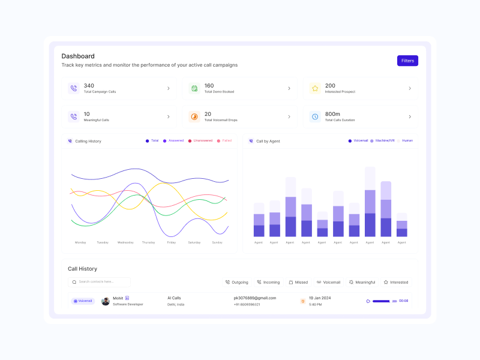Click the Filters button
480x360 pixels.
pos(407,61)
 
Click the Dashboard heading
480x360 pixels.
pos(78,56)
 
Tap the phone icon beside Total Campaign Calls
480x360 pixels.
pos(74,88)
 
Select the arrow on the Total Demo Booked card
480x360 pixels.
pos(289,88)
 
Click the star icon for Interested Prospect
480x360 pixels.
pos(314,88)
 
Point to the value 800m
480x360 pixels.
pos(332,114)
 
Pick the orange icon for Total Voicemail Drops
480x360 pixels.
pos(194,116)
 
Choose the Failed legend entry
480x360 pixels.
pos(224,140)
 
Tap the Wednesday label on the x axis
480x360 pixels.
pos(125,242)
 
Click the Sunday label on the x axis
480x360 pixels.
pos(217,242)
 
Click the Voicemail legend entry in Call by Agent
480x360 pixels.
pos(358,140)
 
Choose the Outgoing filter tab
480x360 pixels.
pos(236,282)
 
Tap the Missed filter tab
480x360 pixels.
pos(298,282)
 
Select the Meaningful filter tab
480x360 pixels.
pos(362,282)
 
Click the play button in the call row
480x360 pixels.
pos(368,301)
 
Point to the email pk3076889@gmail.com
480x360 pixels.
pos(255,298)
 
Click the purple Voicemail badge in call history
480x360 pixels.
pos(83,301)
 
